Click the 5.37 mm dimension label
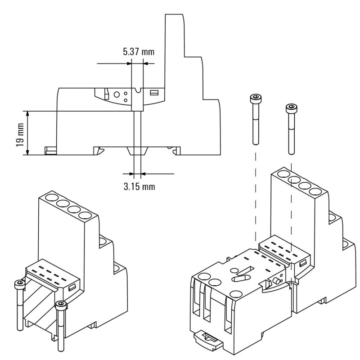coord(139,51)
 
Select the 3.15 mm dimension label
coord(139,186)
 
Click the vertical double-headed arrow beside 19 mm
coord(28,133)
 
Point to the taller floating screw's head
coord(255,98)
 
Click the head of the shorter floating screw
coord(291,108)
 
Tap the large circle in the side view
coord(117,94)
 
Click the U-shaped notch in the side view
coord(138,94)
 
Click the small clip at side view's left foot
coord(49,150)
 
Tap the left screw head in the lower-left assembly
coord(19,284)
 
